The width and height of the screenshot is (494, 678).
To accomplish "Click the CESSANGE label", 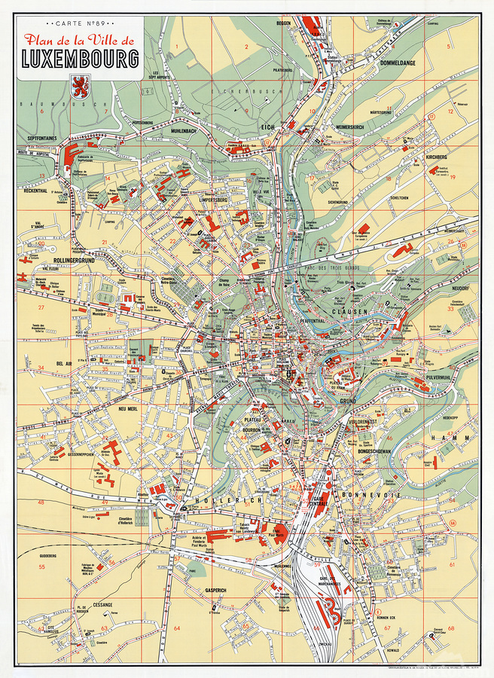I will pos(102,603).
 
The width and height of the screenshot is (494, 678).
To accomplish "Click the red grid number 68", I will pos(451,627).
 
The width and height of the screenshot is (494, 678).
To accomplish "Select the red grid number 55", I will pos(42,567).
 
